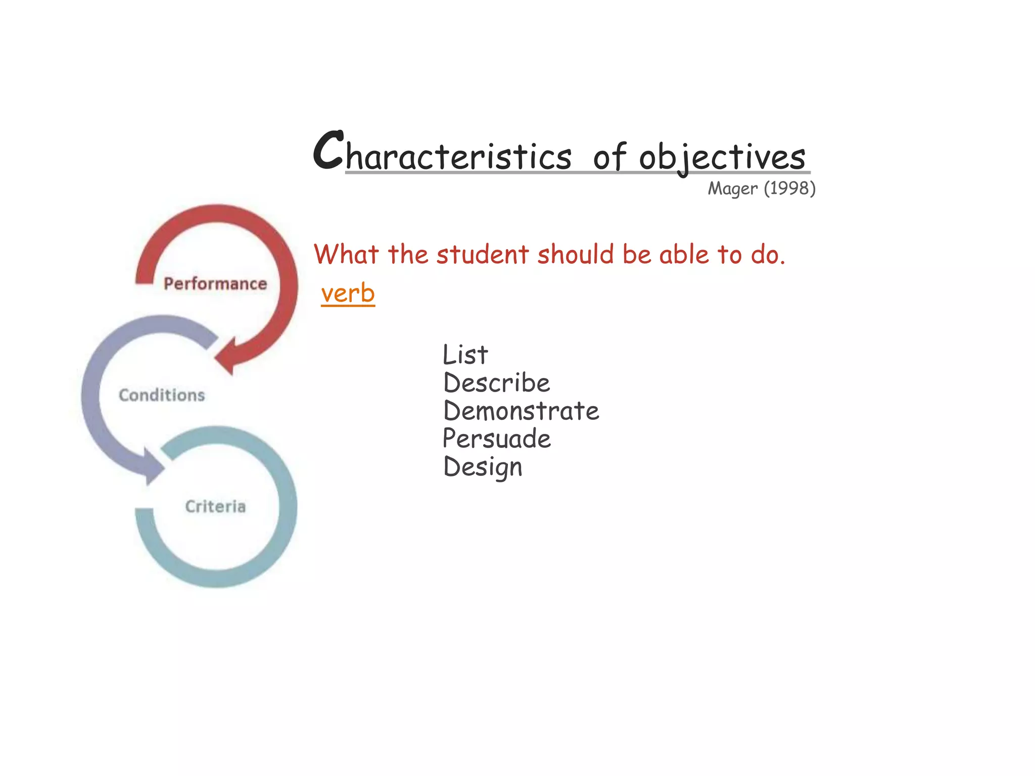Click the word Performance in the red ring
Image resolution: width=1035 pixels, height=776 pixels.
215,284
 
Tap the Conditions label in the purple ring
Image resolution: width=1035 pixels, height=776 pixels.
162,395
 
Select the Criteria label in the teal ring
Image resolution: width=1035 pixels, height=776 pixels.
215,506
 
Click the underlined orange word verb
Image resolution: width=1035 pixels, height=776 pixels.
348,294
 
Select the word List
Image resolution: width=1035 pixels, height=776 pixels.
465,355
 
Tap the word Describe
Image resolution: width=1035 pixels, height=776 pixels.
496,383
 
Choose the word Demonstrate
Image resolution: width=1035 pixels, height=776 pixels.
521,411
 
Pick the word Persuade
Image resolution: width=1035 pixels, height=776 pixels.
496,439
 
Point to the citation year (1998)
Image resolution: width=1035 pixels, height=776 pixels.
789,188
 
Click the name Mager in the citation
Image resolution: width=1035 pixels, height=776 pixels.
732,188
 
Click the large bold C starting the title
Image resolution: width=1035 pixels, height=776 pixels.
328,150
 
